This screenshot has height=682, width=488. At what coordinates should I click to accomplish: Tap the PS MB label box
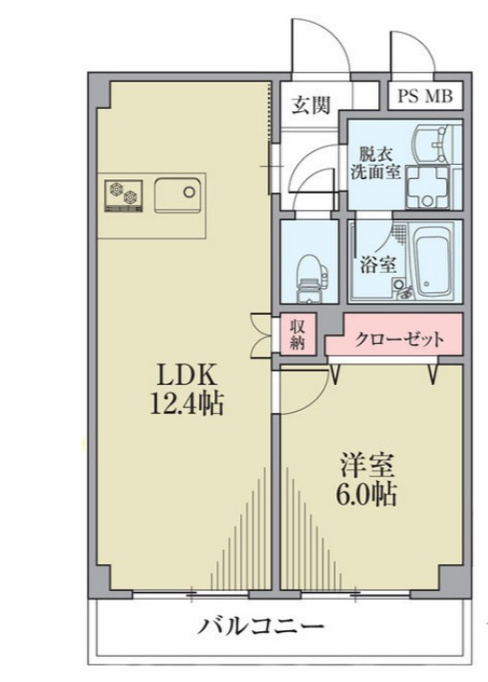[427, 97]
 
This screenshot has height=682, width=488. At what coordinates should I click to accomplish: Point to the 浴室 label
[377, 264]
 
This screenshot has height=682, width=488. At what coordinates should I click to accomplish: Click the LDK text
[184, 373]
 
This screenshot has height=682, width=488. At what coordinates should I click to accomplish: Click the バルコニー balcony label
[262, 628]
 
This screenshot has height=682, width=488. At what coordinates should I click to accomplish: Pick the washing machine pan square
[425, 188]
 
